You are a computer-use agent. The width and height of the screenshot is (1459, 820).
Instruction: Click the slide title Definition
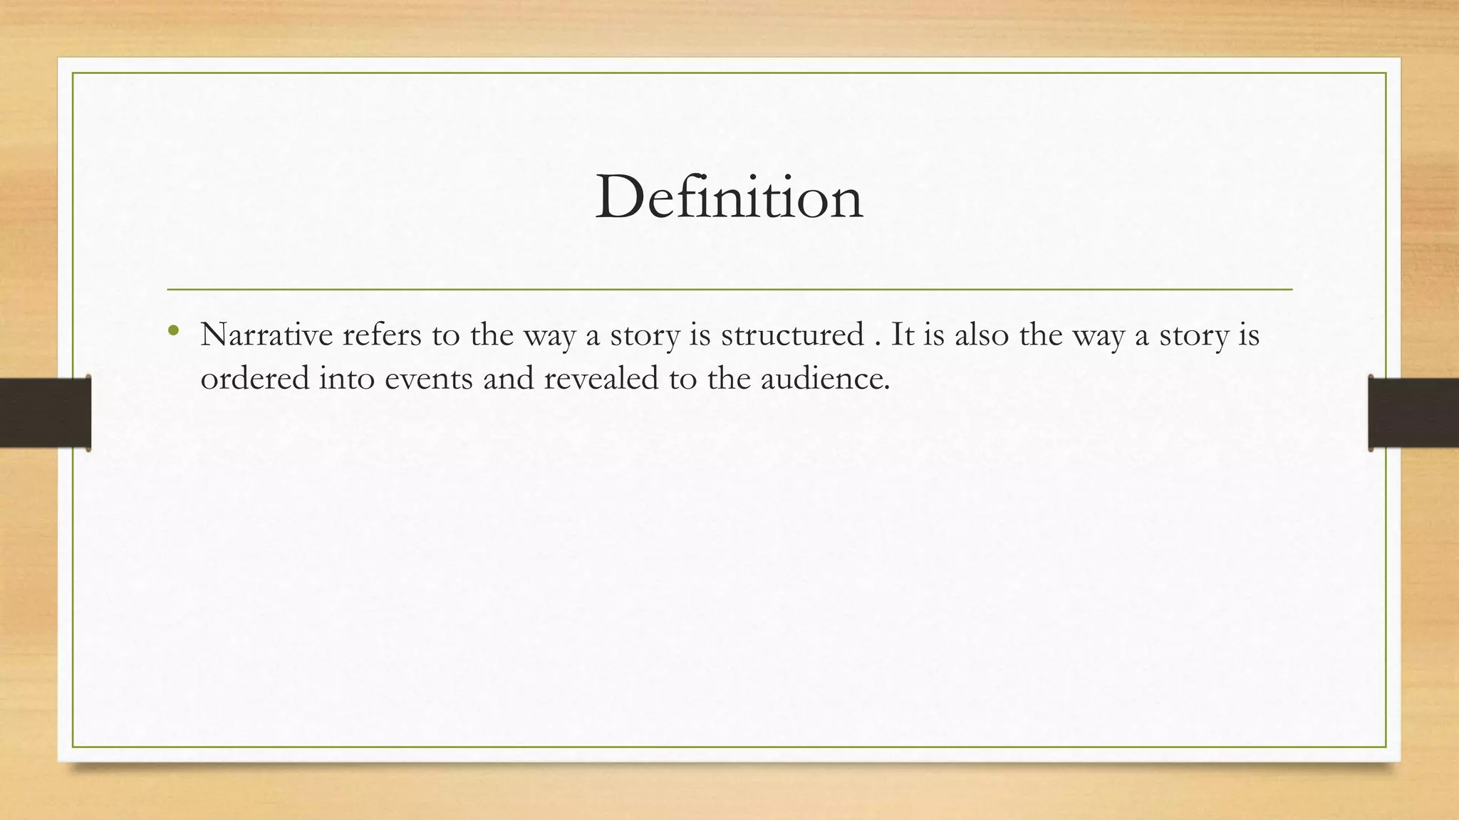(729, 197)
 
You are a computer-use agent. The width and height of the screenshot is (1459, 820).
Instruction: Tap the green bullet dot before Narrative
(172, 330)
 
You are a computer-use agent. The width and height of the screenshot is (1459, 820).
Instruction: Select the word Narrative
(266, 335)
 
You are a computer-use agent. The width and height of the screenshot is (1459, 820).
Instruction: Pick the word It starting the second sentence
(903, 335)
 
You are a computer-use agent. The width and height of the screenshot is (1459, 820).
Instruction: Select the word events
(429, 378)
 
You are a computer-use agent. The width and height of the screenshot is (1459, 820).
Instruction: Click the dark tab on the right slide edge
(1413, 413)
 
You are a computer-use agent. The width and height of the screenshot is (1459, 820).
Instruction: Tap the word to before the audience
(682, 378)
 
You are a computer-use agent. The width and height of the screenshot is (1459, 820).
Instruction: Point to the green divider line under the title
(729, 290)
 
